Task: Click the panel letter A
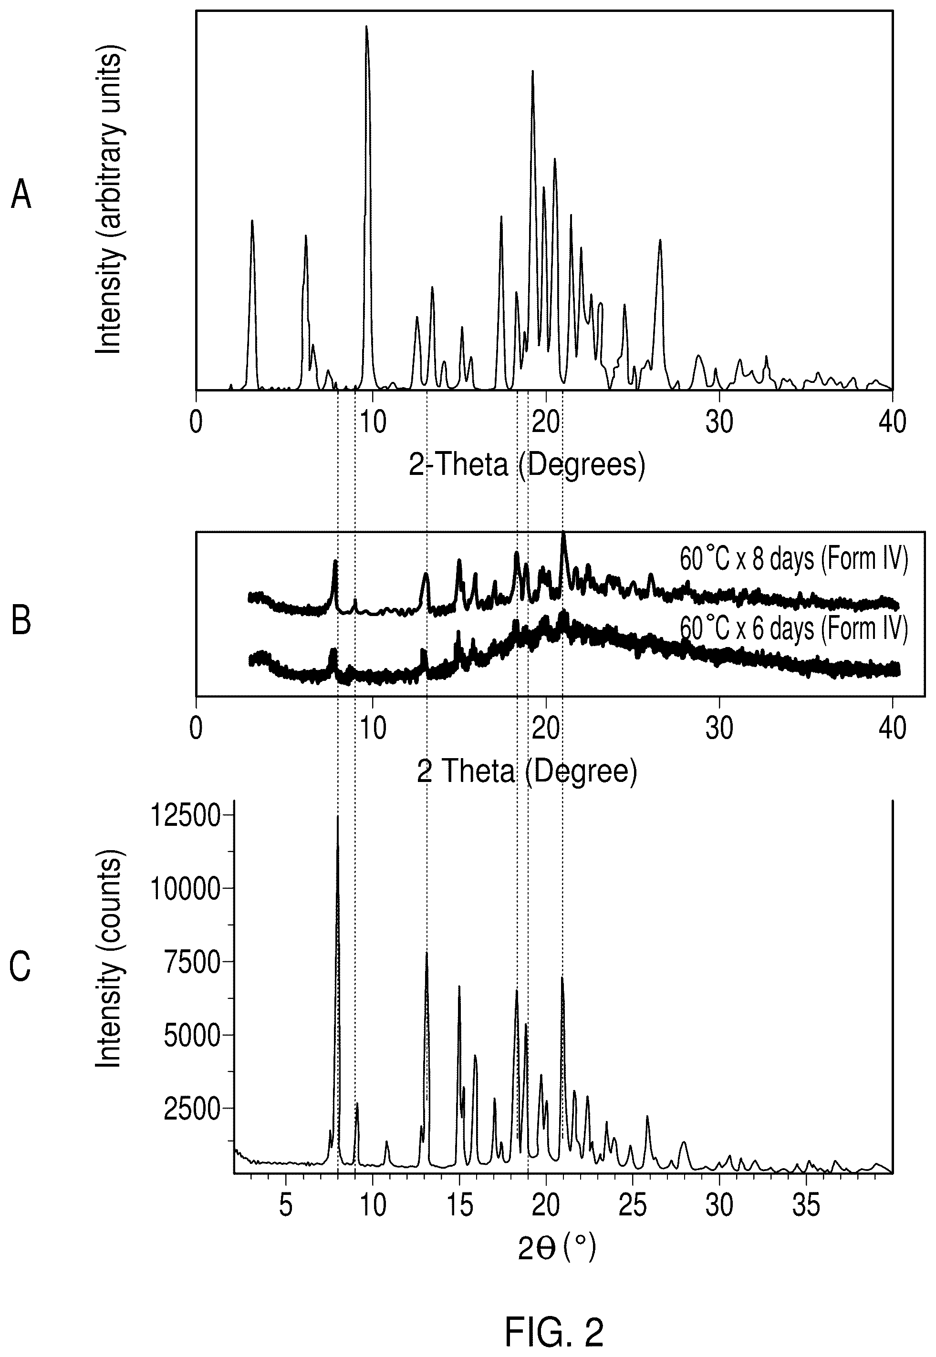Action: click(x=21, y=195)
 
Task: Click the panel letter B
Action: click(x=21, y=621)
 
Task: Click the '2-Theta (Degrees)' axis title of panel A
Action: click(x=527, y=465)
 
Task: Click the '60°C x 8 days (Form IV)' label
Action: click(x=793, y=560)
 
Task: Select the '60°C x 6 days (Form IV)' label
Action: click(x=793, y=629)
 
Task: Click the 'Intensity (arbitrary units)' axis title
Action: click(x=109, y=202)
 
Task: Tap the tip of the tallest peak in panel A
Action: click(x=366, y=26)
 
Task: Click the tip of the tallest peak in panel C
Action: click(x=337, y=816)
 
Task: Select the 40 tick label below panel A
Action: click(x=892, y=422)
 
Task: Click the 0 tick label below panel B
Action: click(x=196, y=729)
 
